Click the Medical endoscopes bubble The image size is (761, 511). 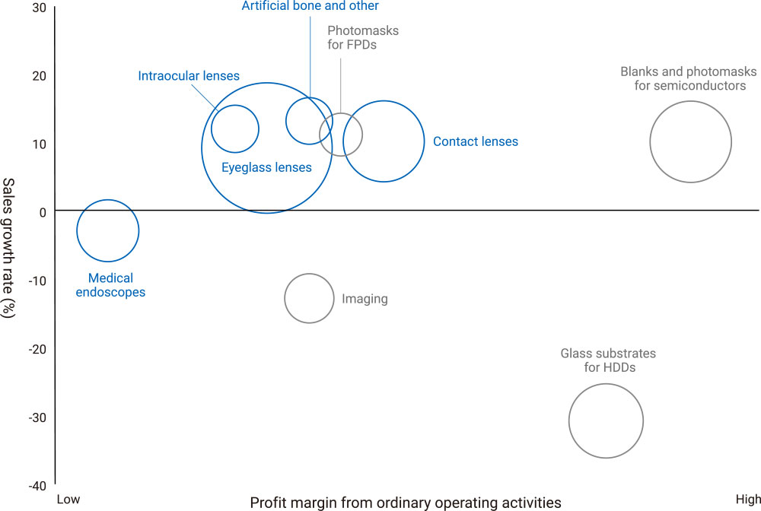108,230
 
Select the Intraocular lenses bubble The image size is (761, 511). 234,129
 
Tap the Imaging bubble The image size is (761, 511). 309,298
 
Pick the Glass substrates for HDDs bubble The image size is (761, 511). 606,421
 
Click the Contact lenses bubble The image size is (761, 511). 384,141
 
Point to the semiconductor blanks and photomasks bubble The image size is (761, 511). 690,141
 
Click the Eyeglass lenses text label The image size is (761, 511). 266,167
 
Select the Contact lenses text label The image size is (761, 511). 475,141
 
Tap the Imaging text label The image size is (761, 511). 365,299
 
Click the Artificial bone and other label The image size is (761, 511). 310,6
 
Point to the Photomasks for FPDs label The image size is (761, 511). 363,37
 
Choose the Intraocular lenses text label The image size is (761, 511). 189,75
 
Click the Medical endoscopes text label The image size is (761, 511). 110,285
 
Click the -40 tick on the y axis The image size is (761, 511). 37,486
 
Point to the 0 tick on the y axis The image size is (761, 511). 43,212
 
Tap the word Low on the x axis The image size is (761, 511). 68,500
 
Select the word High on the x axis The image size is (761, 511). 747,500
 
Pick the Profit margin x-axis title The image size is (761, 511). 406,503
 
